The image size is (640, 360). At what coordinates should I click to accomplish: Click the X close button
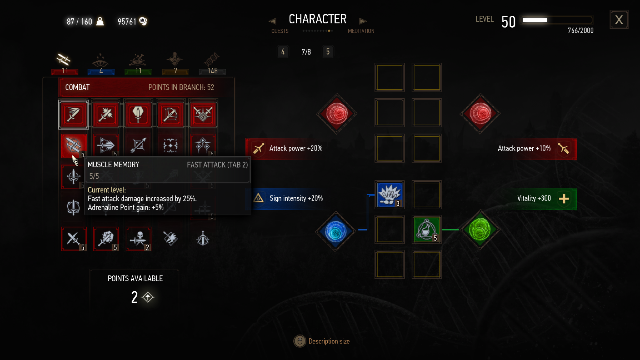(619, 20)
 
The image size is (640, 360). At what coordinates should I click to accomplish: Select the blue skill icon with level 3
(389, 195)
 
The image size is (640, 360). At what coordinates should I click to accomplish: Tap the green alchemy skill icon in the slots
(426, 229)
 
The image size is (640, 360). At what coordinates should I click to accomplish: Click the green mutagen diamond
(480, 230)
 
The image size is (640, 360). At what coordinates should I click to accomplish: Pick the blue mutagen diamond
(336, 230)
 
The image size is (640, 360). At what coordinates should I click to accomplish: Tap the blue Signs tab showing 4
(101, 65)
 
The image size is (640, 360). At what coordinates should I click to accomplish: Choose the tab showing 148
(212, 65)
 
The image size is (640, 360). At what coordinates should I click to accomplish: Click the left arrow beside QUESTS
(272, 21)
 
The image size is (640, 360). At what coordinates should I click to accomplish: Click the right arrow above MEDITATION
(362, 21)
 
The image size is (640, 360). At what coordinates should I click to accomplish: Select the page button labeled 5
(328, 52)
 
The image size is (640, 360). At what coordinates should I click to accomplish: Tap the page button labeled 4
(283, 52)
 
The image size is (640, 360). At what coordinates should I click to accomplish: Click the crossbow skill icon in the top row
(170, 114)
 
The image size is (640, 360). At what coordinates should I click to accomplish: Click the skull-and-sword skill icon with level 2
(138, 239)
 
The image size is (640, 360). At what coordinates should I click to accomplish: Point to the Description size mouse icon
(300, 341)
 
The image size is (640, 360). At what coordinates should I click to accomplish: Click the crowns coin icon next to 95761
(143, 21)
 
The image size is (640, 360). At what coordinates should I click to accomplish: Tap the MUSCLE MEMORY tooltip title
(113, 165)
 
